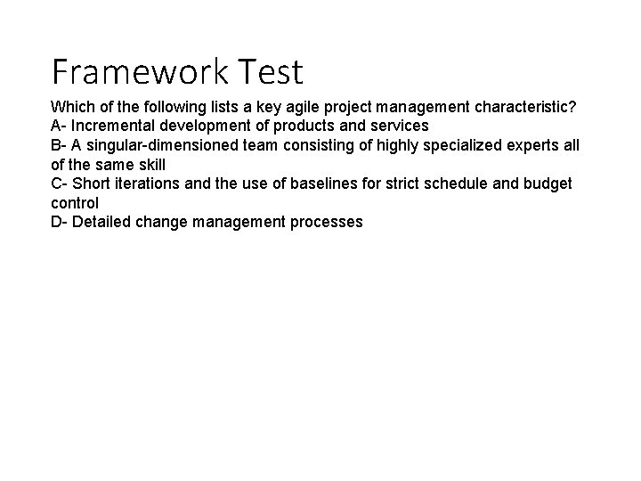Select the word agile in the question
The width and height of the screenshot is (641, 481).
point(292,107)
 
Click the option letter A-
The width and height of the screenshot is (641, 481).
point(59,126)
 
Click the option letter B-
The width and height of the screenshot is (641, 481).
point(59,145)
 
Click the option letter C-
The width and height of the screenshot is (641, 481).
point(60,183)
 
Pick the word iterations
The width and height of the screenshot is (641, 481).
point(147,183)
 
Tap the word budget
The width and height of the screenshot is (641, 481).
point(549,183)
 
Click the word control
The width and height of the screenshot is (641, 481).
point(75,203)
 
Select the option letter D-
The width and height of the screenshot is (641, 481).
point(60,222)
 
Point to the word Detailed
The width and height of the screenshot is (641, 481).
point(101,222)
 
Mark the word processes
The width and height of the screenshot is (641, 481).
point(327,222)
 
